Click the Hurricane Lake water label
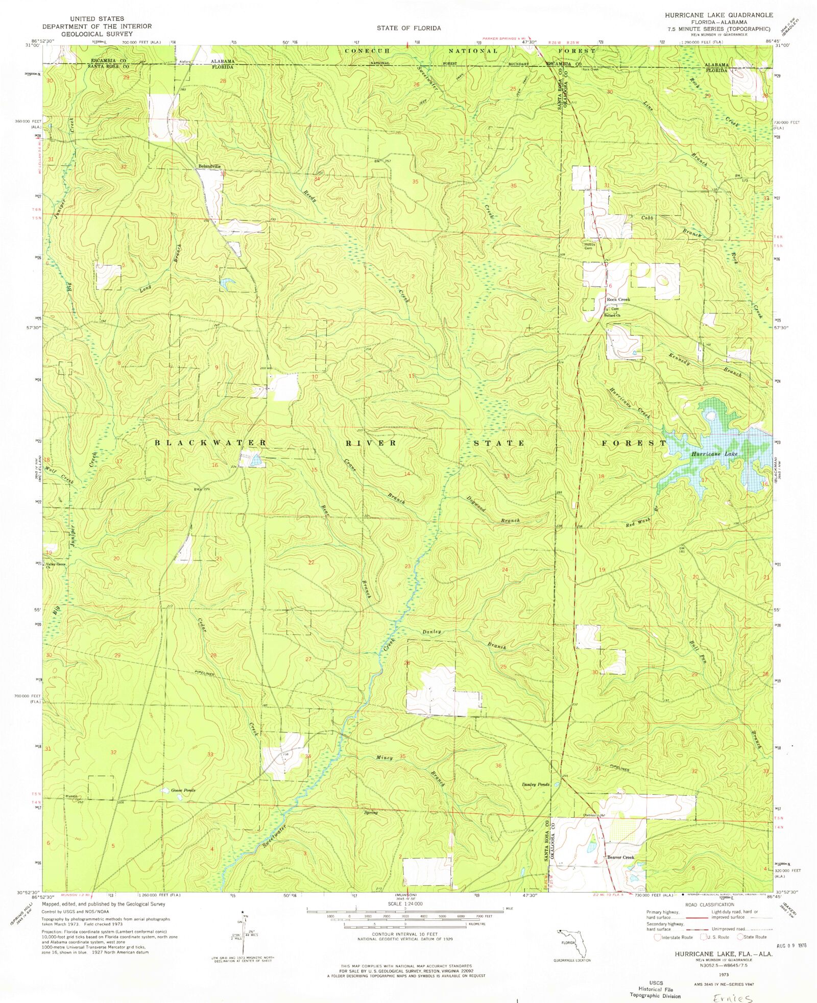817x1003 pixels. point(714,454)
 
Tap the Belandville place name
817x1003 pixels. point(209,166)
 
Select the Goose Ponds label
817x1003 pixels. point(183,790)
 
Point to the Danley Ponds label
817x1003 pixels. point(536,784)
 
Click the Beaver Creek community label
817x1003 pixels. point(620,857)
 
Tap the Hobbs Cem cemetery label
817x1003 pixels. point(590,246)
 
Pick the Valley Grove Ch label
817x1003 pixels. point(56,565)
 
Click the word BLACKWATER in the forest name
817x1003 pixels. point(210,443)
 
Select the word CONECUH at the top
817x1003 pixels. point(367,51)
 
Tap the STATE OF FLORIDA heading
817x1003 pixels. point(408,28)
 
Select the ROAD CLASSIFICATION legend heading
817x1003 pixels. point(709,904)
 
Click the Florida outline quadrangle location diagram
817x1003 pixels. point(572,944)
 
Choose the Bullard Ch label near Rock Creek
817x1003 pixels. point(612,315)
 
